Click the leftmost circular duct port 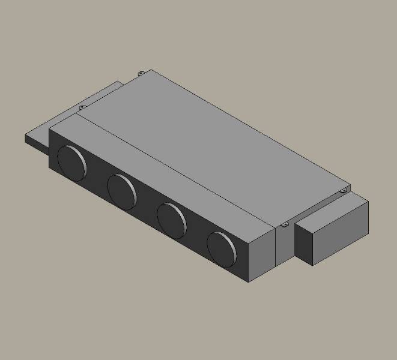(x=72, y=163)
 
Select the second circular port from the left (x=122, y=190)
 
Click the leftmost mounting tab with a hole (x=82, y=107)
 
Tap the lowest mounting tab (x=284, y=225)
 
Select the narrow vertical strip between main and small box (x=285, y=246)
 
